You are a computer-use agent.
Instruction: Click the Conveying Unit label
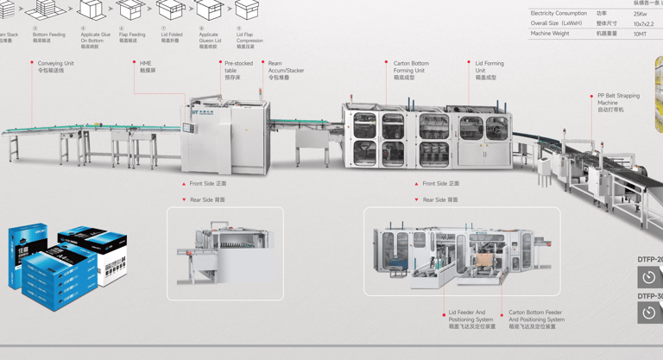pyautogui.click(x=55, y=66)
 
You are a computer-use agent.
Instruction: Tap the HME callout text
pyautogui.click(x=147, y=66)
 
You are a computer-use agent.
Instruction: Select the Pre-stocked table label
pyautogui.click(x=238, y=70)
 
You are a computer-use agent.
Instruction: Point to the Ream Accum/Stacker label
pyautogui.click(x=286, y=70)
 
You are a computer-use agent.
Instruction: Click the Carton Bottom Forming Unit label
pyautogui.click(x=411, y=70)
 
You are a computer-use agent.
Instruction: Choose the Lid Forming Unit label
pyautogui.click(x=489, y=70)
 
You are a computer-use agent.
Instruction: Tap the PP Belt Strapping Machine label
pyautogui.click(x=618, y=103)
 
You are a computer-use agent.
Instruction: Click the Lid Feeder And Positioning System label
pyautogui.click(x=471, y=319)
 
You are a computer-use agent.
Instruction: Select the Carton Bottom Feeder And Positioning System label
pyautogui.click(x=535, y=319)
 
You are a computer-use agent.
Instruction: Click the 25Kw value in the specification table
pyautogui.click(x=640, y=14)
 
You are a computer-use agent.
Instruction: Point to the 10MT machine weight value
pyautogui.click(x=640, y=34)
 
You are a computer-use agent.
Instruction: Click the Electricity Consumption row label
pyautogui.click(x=559, y=14)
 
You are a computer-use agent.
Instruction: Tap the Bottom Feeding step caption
pyautogui.click(x=48, y=37)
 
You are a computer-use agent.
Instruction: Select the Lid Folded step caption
pyautogui.click(x=171, y=37)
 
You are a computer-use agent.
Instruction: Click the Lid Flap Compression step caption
pyautogui.click(x=249, y=37)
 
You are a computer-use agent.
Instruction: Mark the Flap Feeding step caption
pyautogui.click(x=132, y=37)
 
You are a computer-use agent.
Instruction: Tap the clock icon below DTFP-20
pyautogui.click(x=649, y=277)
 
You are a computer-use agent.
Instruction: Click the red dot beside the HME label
pyautogui.click(x=135, y=63)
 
